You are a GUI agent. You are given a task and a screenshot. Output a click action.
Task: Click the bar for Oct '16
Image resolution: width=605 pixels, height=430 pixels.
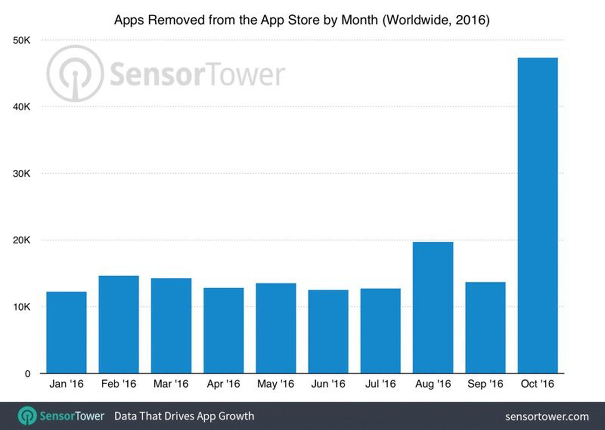pyautogui.click(x=537, y=215)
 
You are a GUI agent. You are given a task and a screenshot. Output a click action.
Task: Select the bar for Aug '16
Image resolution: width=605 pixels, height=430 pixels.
pyautogui.click(x=433, y=308)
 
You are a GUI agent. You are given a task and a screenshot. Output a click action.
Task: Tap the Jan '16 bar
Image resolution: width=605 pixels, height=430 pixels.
pyautogui.click(x=66, y=333)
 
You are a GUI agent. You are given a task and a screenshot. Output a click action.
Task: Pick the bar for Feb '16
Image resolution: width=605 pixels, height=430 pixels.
pyautogui.click(x=119, y=325)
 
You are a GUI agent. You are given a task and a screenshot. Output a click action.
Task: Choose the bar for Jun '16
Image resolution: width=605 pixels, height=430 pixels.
pyautogui.click(x=328, y=332)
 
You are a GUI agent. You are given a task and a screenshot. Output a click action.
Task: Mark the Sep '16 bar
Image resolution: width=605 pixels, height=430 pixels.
pyautogui.click(x=485, y=328)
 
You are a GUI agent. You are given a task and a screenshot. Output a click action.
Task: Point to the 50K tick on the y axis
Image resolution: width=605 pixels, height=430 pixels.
pyautogui.click(x=21, y=40)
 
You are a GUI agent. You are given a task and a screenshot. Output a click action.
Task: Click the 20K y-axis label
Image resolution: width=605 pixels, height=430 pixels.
pyautogui.click(x=21, y=240)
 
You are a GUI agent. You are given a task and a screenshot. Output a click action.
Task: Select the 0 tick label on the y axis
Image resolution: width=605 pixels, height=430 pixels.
pyautogui.click(x=27, y=374)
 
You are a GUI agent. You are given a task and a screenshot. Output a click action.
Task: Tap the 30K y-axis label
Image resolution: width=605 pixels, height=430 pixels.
pyautogui.click(x=21, y=173)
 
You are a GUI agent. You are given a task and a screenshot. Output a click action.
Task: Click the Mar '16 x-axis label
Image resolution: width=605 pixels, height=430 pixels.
pyautogui.click(x=171, y=384)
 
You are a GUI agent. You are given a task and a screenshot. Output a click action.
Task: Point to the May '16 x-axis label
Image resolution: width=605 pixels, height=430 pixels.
pyautogui.click(x=276, y=384)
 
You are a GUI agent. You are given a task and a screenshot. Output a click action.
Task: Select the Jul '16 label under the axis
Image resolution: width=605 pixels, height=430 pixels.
pyautogui.click(x=380, y=384)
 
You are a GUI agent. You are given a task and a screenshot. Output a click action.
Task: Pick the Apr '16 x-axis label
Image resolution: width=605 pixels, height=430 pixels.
pyautogui.click(x=223, y=384)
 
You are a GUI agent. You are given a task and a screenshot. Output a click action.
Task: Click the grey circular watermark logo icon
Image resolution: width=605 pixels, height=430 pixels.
pyautogui.click(x=75, y=73)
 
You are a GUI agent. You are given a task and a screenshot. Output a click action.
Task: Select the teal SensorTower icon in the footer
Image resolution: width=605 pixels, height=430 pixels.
pyautogui.click(x=27, y=416)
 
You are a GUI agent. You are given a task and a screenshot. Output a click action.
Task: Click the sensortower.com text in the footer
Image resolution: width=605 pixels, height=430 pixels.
pyautogui.click(x=547, y=416)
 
